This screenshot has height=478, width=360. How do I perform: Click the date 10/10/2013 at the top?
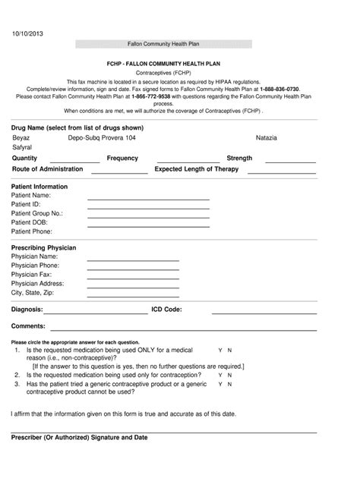click(x=27, y=34)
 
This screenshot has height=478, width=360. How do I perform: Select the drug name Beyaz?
click(x=21, y=138)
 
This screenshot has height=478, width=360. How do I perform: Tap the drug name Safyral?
click(x=23, y=147)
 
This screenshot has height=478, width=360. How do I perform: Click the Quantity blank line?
click(x=74, y=162)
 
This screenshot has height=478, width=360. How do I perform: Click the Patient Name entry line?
click(x=148, y=199)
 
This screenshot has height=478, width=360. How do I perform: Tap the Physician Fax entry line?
click(x=134, y=278)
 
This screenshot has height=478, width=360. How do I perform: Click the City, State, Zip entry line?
click(x=134, y=295)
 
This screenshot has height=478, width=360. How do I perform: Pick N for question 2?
click(x=230, y=375)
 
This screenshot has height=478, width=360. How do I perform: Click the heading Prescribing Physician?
click(x=43, y=248)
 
